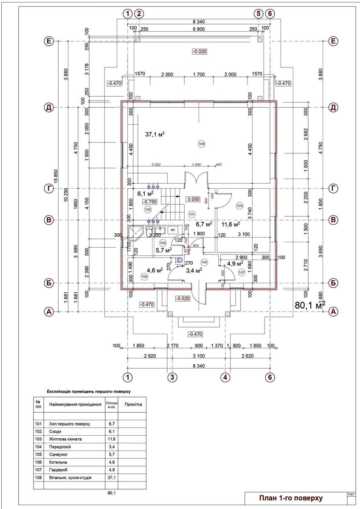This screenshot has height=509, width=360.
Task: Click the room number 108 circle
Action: [201, 144]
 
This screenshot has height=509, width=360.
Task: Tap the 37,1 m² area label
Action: [155, 134]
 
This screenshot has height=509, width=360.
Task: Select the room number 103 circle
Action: [239, 206]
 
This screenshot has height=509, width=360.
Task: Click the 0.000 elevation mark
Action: [193, 199]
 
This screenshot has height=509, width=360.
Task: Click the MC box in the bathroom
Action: [173, 230]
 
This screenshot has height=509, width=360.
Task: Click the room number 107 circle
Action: [242, 273]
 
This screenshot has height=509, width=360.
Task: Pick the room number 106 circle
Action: [144, 276]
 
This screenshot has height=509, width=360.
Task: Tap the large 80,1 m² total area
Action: [309, 305]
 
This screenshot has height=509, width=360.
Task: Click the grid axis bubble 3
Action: [172, 377]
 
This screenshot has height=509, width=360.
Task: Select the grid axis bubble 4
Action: [225, 377]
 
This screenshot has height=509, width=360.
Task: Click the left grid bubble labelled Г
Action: [49, 188]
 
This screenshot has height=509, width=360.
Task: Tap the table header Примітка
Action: [133, 404]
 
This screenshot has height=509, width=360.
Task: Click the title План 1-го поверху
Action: [291, 498]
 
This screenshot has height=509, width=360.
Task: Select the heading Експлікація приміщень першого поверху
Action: [88, 391]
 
